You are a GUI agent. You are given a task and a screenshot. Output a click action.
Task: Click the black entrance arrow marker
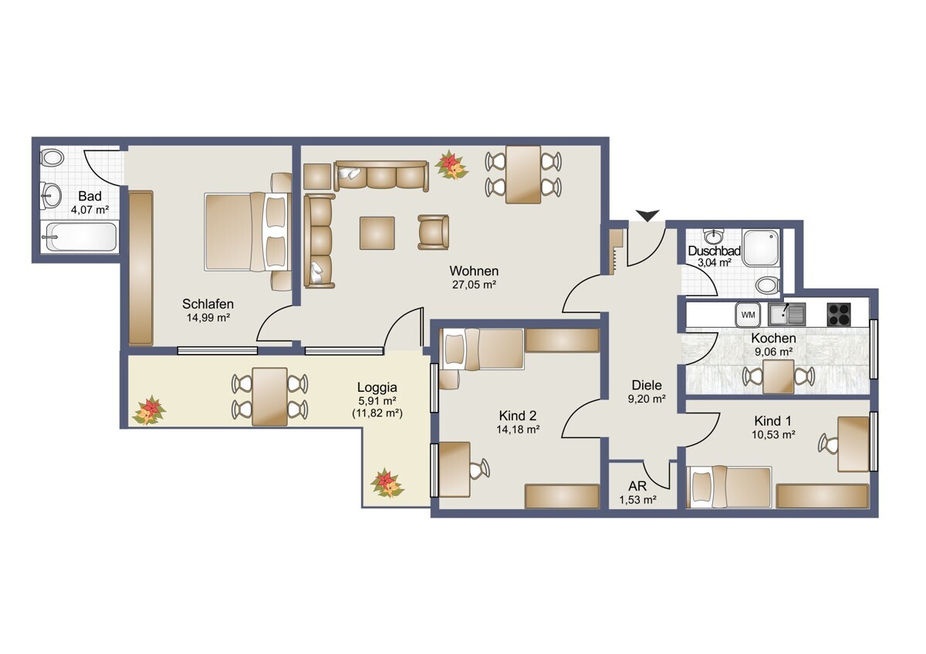647,215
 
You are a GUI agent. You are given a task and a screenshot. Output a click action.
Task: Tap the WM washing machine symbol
748,315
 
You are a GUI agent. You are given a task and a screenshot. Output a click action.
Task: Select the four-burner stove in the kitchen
839,315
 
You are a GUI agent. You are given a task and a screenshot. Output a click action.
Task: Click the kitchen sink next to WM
786,315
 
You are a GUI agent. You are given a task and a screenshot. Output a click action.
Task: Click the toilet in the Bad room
52,158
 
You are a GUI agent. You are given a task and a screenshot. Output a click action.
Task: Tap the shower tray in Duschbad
761,248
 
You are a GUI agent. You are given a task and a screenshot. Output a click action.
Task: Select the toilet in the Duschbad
768,285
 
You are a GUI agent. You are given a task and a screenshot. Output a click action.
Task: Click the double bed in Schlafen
248,232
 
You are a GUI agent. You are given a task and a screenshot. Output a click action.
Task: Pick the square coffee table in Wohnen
377,233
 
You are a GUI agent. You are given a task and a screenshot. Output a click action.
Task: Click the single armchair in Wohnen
433,232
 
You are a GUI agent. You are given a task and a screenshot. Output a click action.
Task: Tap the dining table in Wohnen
523,174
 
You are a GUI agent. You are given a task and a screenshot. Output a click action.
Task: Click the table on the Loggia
269,396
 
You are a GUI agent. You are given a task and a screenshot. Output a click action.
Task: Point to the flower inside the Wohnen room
451,165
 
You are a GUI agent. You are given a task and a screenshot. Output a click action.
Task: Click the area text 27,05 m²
474,285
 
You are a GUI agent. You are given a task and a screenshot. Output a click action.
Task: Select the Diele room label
647,385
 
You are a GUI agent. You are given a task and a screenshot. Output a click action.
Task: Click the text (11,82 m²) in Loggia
377,413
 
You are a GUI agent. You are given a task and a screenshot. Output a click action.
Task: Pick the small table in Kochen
779,376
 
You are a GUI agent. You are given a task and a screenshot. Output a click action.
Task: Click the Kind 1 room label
772,421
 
